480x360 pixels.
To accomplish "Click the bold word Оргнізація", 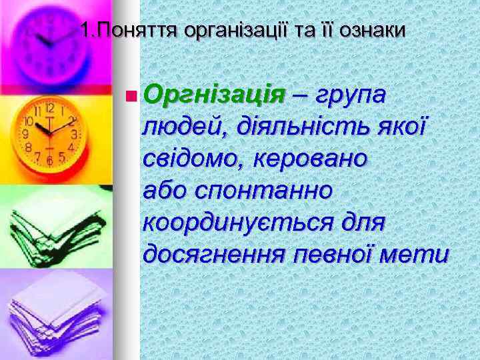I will (x=214, y=95).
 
